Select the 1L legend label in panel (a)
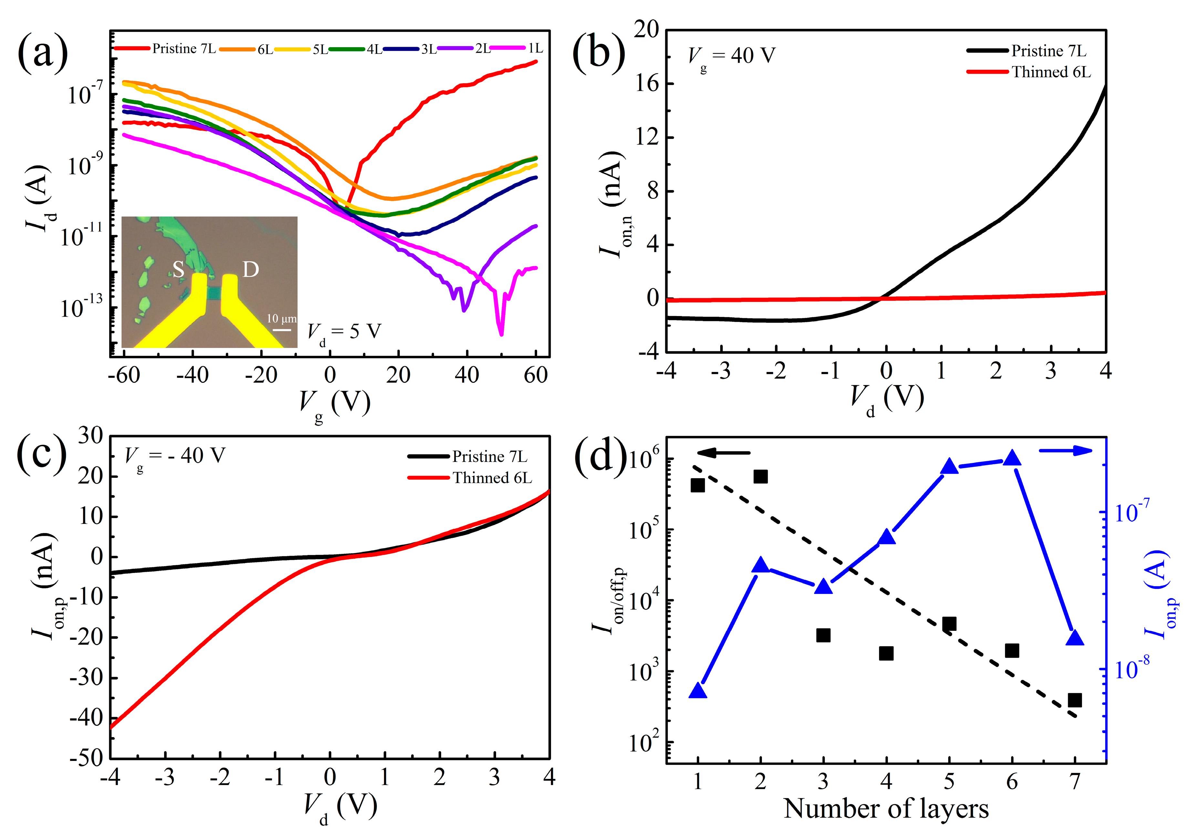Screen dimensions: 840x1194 (x=535, y=48)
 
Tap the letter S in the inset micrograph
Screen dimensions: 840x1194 (x=178, y=269)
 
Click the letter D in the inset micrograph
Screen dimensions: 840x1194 (x=251, y=269)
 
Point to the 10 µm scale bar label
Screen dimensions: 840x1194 (x=281, y=318)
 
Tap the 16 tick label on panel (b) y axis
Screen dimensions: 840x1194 (x=646, y=83)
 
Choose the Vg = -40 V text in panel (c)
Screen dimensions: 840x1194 (x=175, y=457)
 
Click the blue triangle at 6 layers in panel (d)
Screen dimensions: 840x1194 (x=1012, y=458)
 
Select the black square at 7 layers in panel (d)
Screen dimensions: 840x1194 (x=1075, y=700)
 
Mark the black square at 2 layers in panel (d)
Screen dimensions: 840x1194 (x=760, y=477)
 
